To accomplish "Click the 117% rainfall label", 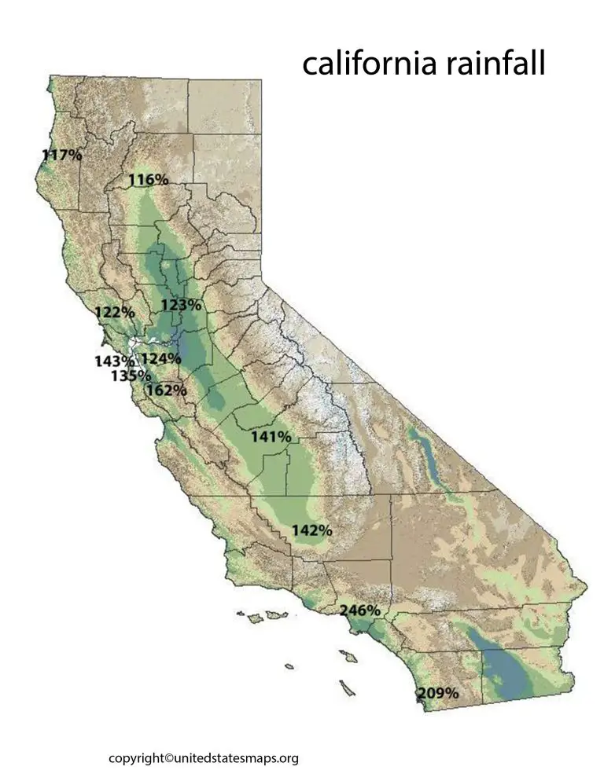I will tap(62, 155).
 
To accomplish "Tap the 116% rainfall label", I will tap(149, 180).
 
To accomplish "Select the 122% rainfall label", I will tap(115, 312).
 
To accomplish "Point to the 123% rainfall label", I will tap(181, 305).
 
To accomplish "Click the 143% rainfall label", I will tap(115, 361).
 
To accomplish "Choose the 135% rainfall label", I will tap(131, 376).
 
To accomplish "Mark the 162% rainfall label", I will tap(167, 390).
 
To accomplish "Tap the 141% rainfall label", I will tap(271, 436).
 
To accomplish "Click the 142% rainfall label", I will tap(311, 530).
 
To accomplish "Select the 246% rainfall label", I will tap(360, 610).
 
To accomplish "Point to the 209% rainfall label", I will tap(438, 693).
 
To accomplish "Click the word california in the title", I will tap(370, 64).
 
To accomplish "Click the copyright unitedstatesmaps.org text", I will tap(204, 758).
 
